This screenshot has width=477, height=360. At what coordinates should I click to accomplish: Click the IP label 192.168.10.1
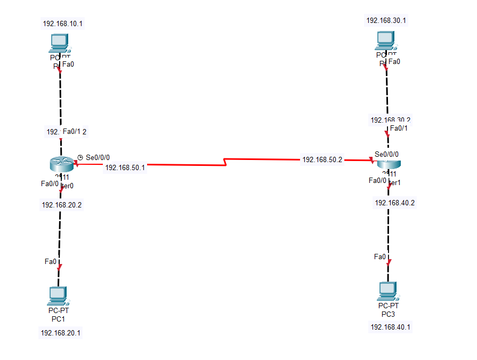[63, 23]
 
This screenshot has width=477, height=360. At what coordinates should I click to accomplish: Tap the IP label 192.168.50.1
[125, 167]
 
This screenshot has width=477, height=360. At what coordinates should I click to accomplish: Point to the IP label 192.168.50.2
[322, 159]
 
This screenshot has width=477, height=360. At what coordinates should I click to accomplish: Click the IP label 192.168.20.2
[62, 205]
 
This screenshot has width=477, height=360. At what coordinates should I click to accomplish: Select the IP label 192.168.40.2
[395, 203]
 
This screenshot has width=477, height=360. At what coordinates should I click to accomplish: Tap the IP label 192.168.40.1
[390, 327]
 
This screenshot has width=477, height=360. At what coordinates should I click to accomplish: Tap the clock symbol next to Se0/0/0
[80, 157]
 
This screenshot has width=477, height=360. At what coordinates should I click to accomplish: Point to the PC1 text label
[58, 319]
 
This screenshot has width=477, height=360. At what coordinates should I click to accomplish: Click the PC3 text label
[388, 314]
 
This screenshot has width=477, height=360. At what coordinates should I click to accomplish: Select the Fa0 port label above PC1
[51, 261]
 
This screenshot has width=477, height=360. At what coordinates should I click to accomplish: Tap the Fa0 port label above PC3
[380, 257]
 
